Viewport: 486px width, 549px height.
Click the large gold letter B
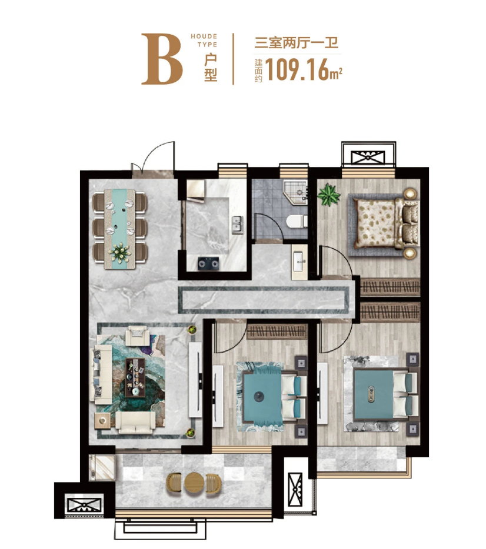coord(162,59)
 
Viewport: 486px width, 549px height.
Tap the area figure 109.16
coord(297,70)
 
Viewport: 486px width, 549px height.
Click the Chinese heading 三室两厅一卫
coord(297,43)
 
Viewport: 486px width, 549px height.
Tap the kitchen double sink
coord(237,225)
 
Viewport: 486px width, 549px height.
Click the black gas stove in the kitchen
coord(208,263)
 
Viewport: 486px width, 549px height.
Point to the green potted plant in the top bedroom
coord(329,195)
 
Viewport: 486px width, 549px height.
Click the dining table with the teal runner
coord(120,229)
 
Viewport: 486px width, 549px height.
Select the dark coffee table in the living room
coord(135,377)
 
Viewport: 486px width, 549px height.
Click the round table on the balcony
coord(194,483)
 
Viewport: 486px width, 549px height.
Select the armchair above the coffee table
coord(137,336)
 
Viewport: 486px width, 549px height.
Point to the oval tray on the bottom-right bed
coord(371,394)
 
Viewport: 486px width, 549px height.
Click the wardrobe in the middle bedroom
coord(278,331)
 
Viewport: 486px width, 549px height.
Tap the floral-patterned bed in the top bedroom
coord(385,223)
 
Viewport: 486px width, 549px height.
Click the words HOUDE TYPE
coord(204,41)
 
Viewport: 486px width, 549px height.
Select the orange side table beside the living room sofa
coord(102,420)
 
